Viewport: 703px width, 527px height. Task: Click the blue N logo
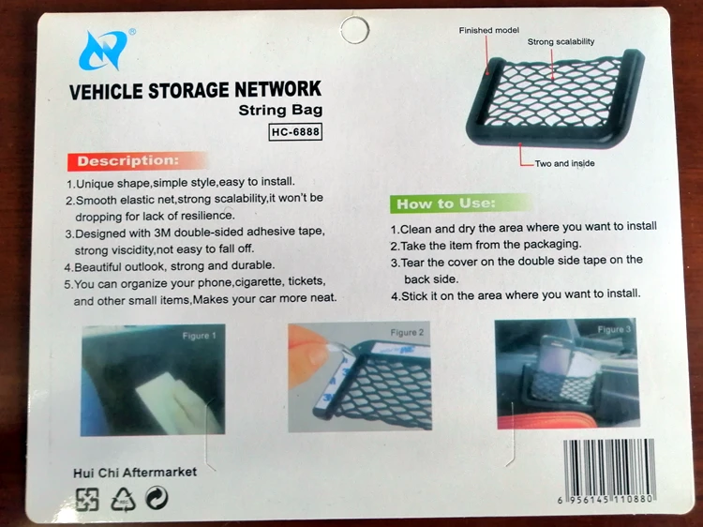pyautogui.click(x=103, y=51)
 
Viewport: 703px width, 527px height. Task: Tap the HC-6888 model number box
pyautogui.click(x=295, y=132)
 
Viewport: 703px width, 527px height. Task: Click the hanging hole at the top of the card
pyautogui.click(x=354, y=30)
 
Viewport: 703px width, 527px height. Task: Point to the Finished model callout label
pyautogui.click(x=488, y=31)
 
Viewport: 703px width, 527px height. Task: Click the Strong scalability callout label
pyautogui.click(x=561, y=41)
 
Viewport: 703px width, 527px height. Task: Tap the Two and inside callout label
pyautogui.click(x=564, y=164)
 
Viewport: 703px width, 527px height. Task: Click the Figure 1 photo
pyautogui.click(x=153, y=380)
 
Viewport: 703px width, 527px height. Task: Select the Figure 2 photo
pyautogui.click(x=360, y=376)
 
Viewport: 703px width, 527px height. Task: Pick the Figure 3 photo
pyautogui.click(x=567, y=373)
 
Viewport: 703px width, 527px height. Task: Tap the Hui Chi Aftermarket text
pyautogui.click(x=135, y=473)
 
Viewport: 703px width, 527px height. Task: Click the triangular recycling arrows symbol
pyautogui.click(x=124, y=499)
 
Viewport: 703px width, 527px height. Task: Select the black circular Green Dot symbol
pyautogui.click(x=157, y=498)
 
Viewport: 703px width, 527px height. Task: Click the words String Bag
pyautogui.click(x=280, y=110)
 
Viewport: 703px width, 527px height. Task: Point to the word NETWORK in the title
pyautogui.click(x=278, y=89)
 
